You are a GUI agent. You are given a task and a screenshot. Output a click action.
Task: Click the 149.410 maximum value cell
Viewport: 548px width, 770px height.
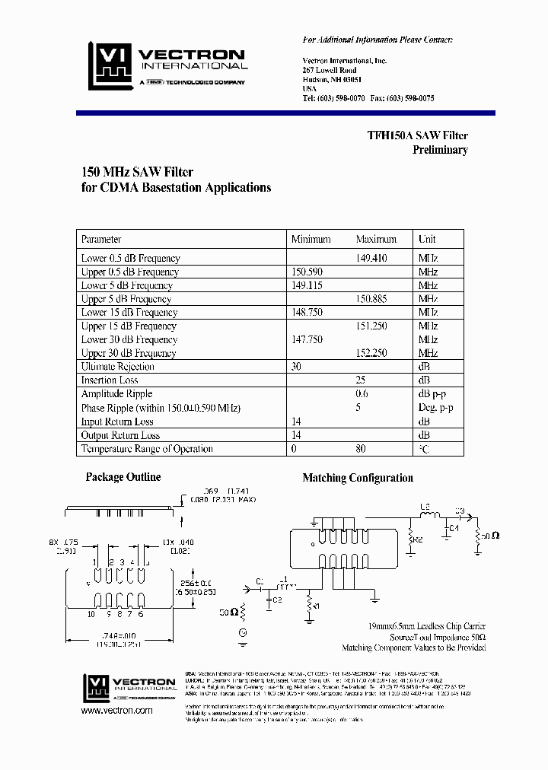coord(371,258)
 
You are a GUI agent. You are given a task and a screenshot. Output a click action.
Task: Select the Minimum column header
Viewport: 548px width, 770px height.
coord(311,239)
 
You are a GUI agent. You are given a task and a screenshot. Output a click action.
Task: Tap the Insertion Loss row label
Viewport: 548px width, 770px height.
coord(110,380)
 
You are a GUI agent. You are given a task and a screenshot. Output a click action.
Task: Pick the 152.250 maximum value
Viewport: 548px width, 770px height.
coord(371,353)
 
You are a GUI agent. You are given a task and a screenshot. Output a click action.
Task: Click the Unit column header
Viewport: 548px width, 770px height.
coord(427,239)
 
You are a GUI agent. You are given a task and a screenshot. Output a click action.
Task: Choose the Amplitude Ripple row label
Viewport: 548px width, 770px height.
coord(116,393)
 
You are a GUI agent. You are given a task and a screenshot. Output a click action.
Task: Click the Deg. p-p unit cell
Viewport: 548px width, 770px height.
coord(435,408)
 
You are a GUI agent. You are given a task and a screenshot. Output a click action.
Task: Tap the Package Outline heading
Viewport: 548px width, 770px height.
coord(123,477)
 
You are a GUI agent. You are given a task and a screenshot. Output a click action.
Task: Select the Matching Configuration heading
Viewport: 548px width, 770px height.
coord(358,479)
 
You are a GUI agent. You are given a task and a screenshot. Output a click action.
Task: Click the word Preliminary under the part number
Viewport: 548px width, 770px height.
coord(440,150)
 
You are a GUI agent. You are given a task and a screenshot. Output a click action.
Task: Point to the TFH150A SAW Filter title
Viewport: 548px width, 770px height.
coord(417,135)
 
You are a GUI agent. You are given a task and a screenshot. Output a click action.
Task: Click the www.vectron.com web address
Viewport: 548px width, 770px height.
coord(116,710)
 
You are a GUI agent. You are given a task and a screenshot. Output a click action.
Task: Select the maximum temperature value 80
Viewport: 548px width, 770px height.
coord(360,449)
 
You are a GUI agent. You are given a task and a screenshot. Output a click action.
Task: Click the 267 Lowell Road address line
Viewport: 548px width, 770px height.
coord(329,70)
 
